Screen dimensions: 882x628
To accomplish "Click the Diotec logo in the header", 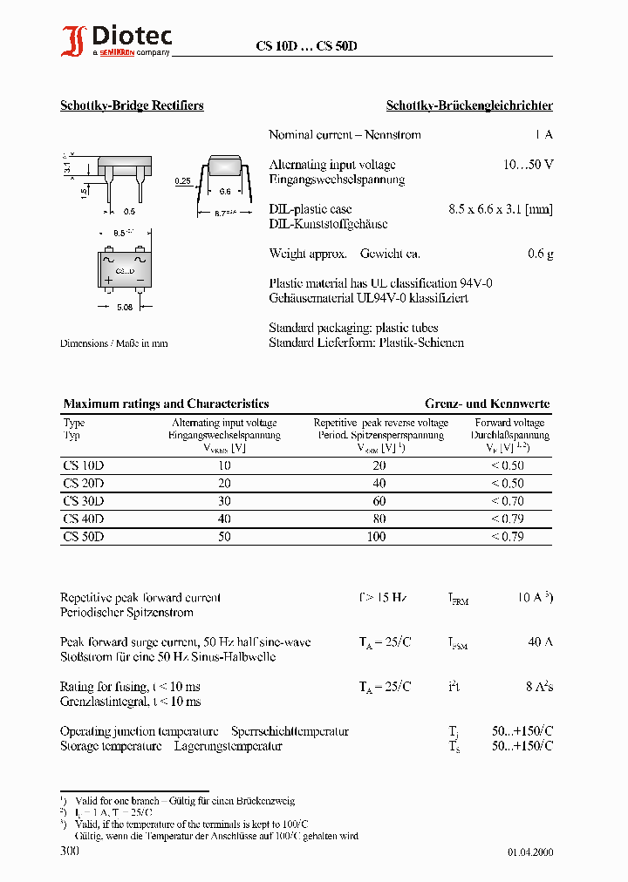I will pos(116,40).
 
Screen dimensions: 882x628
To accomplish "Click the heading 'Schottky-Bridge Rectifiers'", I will pos(132,105).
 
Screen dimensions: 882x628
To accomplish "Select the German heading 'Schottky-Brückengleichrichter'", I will pos(469,105).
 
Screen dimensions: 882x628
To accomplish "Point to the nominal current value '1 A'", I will pos(543,135).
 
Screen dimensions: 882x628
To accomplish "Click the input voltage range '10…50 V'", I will pos(529,165).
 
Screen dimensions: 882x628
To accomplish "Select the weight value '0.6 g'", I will pos(540,254).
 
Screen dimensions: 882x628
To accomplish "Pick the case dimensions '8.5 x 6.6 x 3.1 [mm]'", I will pos(500,209).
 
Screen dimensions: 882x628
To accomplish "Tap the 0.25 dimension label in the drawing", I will pos(182,180).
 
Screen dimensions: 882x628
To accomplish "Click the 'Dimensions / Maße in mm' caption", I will pos(113,343).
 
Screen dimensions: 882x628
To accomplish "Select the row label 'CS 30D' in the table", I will pos(84,501).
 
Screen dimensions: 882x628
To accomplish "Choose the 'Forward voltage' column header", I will pos(509,423).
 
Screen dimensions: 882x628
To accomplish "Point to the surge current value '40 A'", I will pos(540,642).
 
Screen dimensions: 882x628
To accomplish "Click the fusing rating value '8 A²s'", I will pos(538,687).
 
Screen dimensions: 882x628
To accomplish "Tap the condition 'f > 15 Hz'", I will pos(383,598).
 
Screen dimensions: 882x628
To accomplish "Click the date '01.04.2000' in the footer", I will pos(530,852).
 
